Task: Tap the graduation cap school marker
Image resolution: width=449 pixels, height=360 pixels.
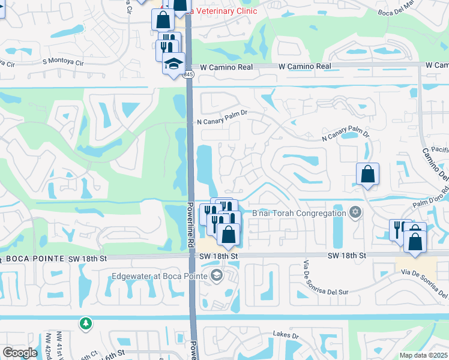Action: pos(174,63)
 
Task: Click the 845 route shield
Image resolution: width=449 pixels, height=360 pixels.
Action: pos(188,74)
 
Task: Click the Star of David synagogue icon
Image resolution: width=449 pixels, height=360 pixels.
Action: pos(355,212)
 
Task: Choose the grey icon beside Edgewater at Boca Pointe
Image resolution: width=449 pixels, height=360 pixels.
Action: pos(217,276)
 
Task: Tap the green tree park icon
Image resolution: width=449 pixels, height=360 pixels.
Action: pos(86,323)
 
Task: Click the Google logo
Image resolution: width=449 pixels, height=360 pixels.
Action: pos(19,353)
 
